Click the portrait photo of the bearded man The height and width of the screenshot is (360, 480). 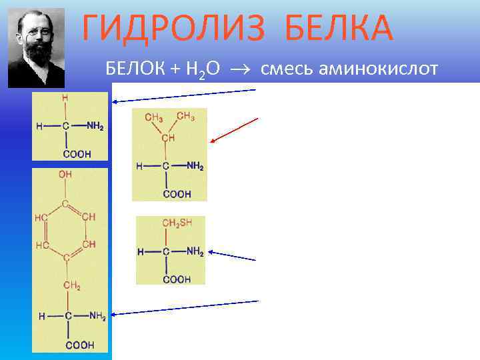tap(36, 48)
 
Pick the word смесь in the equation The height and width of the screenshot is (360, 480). tap(283, 69)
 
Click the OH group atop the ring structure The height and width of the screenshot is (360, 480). tap(65, 174)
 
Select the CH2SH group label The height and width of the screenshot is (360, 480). tap(178, 224)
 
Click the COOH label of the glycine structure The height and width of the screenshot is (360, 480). tap(77, 154)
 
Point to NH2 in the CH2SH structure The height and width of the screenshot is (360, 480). tap(194, 252)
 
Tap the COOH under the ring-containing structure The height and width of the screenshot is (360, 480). tap(79, 345)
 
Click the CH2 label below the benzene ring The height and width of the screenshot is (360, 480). tap(71, 287)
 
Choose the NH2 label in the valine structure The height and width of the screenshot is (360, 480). tap(195, 166)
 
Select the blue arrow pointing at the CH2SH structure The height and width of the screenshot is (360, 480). tap(233, 255)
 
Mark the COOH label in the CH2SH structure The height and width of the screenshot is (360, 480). tap(177, 279)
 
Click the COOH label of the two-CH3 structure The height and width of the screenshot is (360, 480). tap(177, 194)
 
